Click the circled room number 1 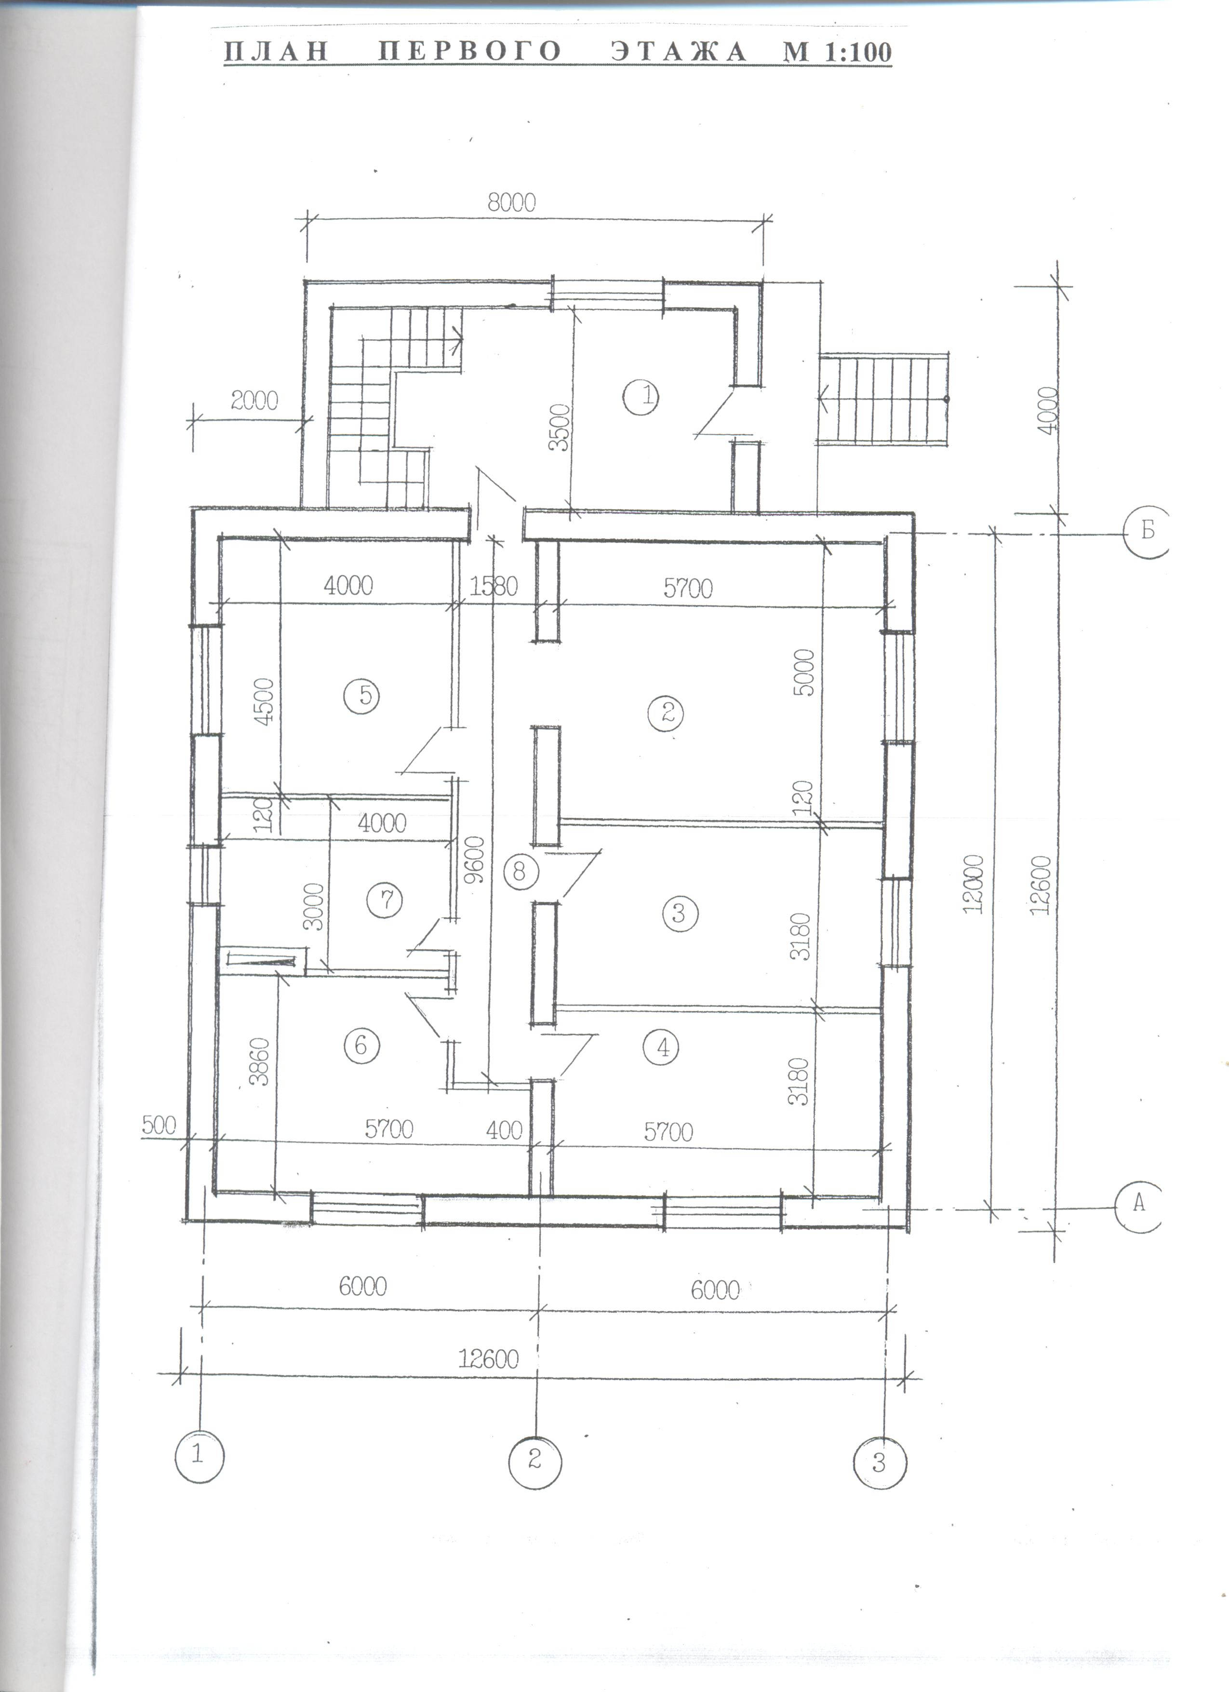[646, 396]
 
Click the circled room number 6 [361, 1045]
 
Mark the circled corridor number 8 [520, 870]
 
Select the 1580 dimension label [494, 586]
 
